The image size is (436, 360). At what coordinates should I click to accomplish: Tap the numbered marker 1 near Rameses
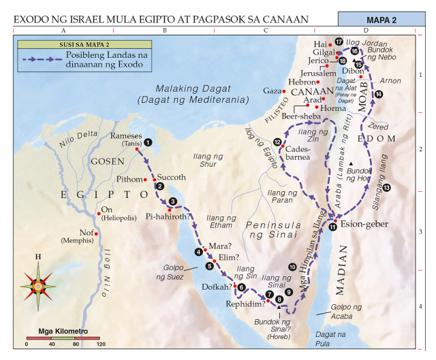tap(148, 142)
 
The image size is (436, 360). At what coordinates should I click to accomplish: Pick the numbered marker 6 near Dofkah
tap(240, 287)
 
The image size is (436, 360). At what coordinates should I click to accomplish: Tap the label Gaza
tap(272, 91)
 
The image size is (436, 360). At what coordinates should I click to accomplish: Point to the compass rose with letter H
tap(39, 284)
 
